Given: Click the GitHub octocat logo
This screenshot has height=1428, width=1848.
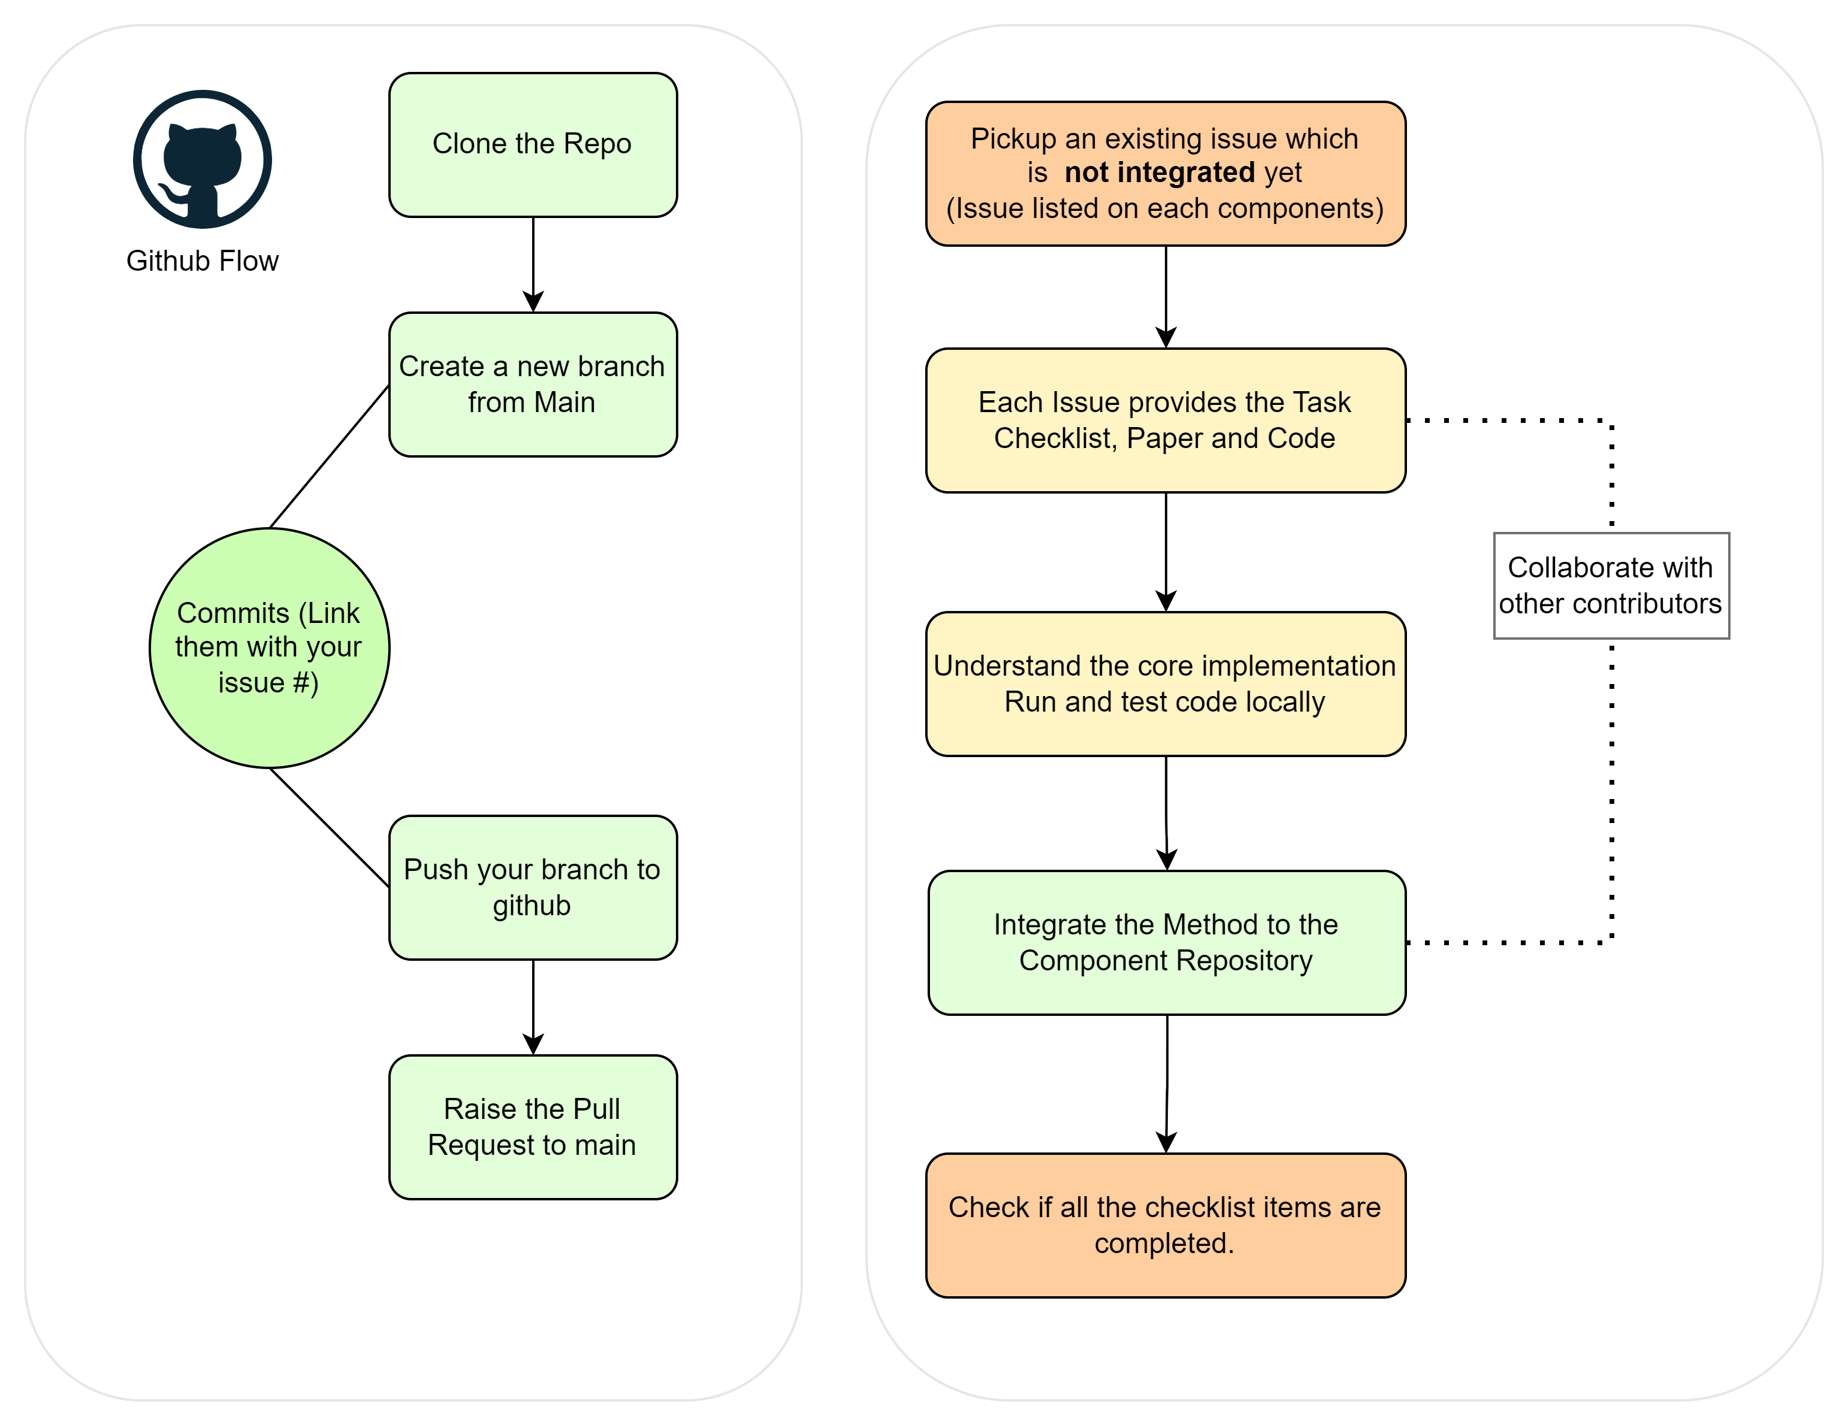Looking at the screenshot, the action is point(202,159).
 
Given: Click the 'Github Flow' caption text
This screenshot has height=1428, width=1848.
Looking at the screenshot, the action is point(202,261).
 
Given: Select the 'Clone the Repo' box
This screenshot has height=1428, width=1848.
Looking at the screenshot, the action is point(533,145).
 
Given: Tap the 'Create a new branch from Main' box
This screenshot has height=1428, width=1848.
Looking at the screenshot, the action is point(533,385).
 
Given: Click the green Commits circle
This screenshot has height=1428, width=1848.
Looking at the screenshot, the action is point(269,648).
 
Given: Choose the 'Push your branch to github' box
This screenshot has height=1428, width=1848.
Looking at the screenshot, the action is point(533,888).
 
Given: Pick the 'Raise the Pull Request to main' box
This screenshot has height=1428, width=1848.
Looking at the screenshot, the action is point(533,1127).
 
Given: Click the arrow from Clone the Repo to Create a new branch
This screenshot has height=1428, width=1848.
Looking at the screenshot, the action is point(533,265).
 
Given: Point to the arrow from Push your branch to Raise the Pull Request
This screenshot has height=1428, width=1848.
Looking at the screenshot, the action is point(533,1008).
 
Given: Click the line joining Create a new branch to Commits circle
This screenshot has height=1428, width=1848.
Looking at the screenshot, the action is point(329,457).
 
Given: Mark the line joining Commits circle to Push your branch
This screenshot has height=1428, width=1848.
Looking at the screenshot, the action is point(329,827).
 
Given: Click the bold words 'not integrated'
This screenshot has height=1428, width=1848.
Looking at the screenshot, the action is point(1159,173).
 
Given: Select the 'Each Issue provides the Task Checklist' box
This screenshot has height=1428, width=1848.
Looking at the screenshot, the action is point(1166,420).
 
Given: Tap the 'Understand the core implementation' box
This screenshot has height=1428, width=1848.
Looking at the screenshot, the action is point(1166,683).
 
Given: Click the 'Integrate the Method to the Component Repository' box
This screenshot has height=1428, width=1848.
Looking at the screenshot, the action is point(1167,942).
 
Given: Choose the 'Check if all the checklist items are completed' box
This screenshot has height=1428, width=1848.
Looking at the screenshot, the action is point(1166,1225).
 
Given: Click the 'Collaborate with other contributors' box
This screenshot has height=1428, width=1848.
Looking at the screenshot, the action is point(1611,585).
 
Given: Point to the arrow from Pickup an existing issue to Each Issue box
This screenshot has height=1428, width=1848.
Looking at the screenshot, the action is point(1166,297).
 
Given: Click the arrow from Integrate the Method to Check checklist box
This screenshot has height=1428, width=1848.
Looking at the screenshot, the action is point(1167,1084).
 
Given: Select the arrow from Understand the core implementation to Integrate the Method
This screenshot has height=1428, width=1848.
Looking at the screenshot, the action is point(1166,813).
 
